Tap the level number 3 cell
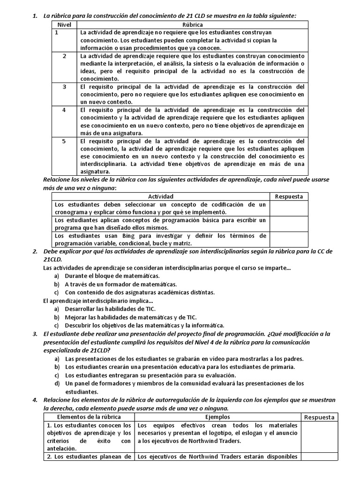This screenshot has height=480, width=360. pos(64,87)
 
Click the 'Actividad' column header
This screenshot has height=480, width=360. pos(161,196)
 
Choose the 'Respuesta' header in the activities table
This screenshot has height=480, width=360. pos(289,196)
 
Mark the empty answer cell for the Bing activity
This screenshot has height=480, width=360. pos(289,240)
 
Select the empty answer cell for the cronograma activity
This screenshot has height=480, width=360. pos(289,208)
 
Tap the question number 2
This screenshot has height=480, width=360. pos(35,252)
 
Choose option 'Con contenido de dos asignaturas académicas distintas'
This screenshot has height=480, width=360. pos(133,292)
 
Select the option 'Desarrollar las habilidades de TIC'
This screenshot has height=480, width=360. pos(110,308)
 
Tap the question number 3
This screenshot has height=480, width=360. pos(35,333)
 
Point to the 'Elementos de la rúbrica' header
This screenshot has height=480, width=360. pos(89,417)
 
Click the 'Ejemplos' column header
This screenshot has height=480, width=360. pos(217,417)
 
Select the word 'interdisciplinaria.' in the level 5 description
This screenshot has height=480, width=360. pos(103,164)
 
